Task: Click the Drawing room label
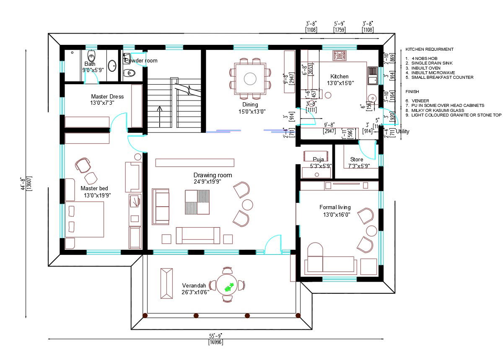pyautogui.click(x=213, y=175)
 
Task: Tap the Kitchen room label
pyautogui.click(x=339, y=77)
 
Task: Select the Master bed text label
pyautogui.click(x=94, y=189)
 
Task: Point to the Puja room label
pyautogui.click(x=318, y=160)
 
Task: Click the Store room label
pyautogui.click(x=357, y=160)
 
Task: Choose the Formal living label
pyautogui.click(x=335, y=207)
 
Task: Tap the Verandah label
pyautogui.click(x=193, y=285)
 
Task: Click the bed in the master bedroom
pyautogui.click(x=85, y=220)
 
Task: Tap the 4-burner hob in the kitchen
pyautogui.click(x=339, y=55)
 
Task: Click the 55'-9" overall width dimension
pyautogui.click(x=215, y=336)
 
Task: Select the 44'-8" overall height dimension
pyautogui.click(x=23, y=183)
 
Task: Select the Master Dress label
pyautogui.click(x=107, y=97)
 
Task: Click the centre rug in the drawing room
pyautogui.click(x=197, y=202)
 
